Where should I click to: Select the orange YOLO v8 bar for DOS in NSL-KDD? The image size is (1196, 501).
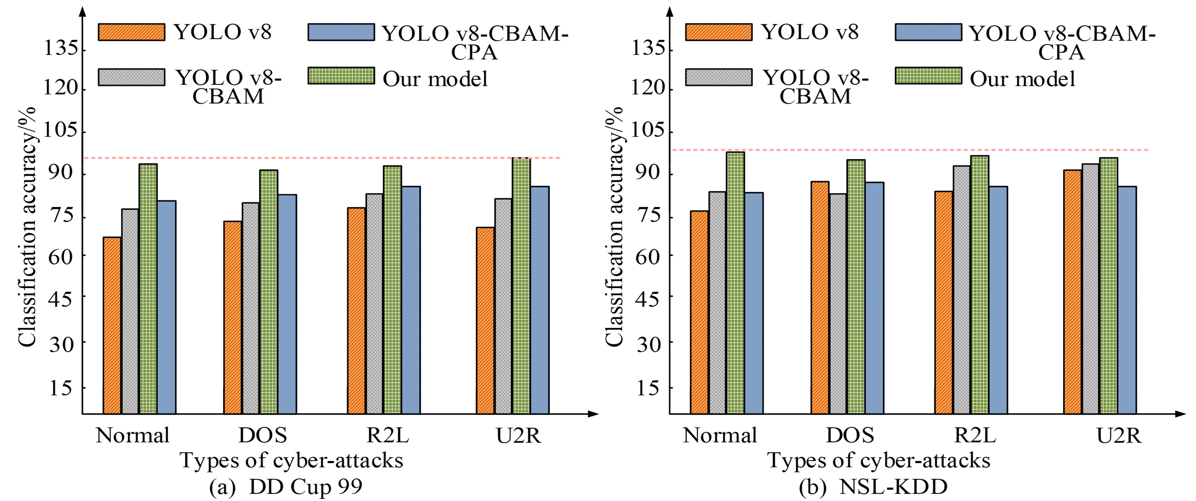pos(820,297)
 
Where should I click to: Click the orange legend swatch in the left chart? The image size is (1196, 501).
pos(131,32)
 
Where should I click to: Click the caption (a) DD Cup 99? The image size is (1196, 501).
pos(286,487)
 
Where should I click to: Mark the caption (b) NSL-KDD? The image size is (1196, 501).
pos(873,487)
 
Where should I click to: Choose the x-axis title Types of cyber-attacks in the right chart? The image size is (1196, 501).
pos(879,460)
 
